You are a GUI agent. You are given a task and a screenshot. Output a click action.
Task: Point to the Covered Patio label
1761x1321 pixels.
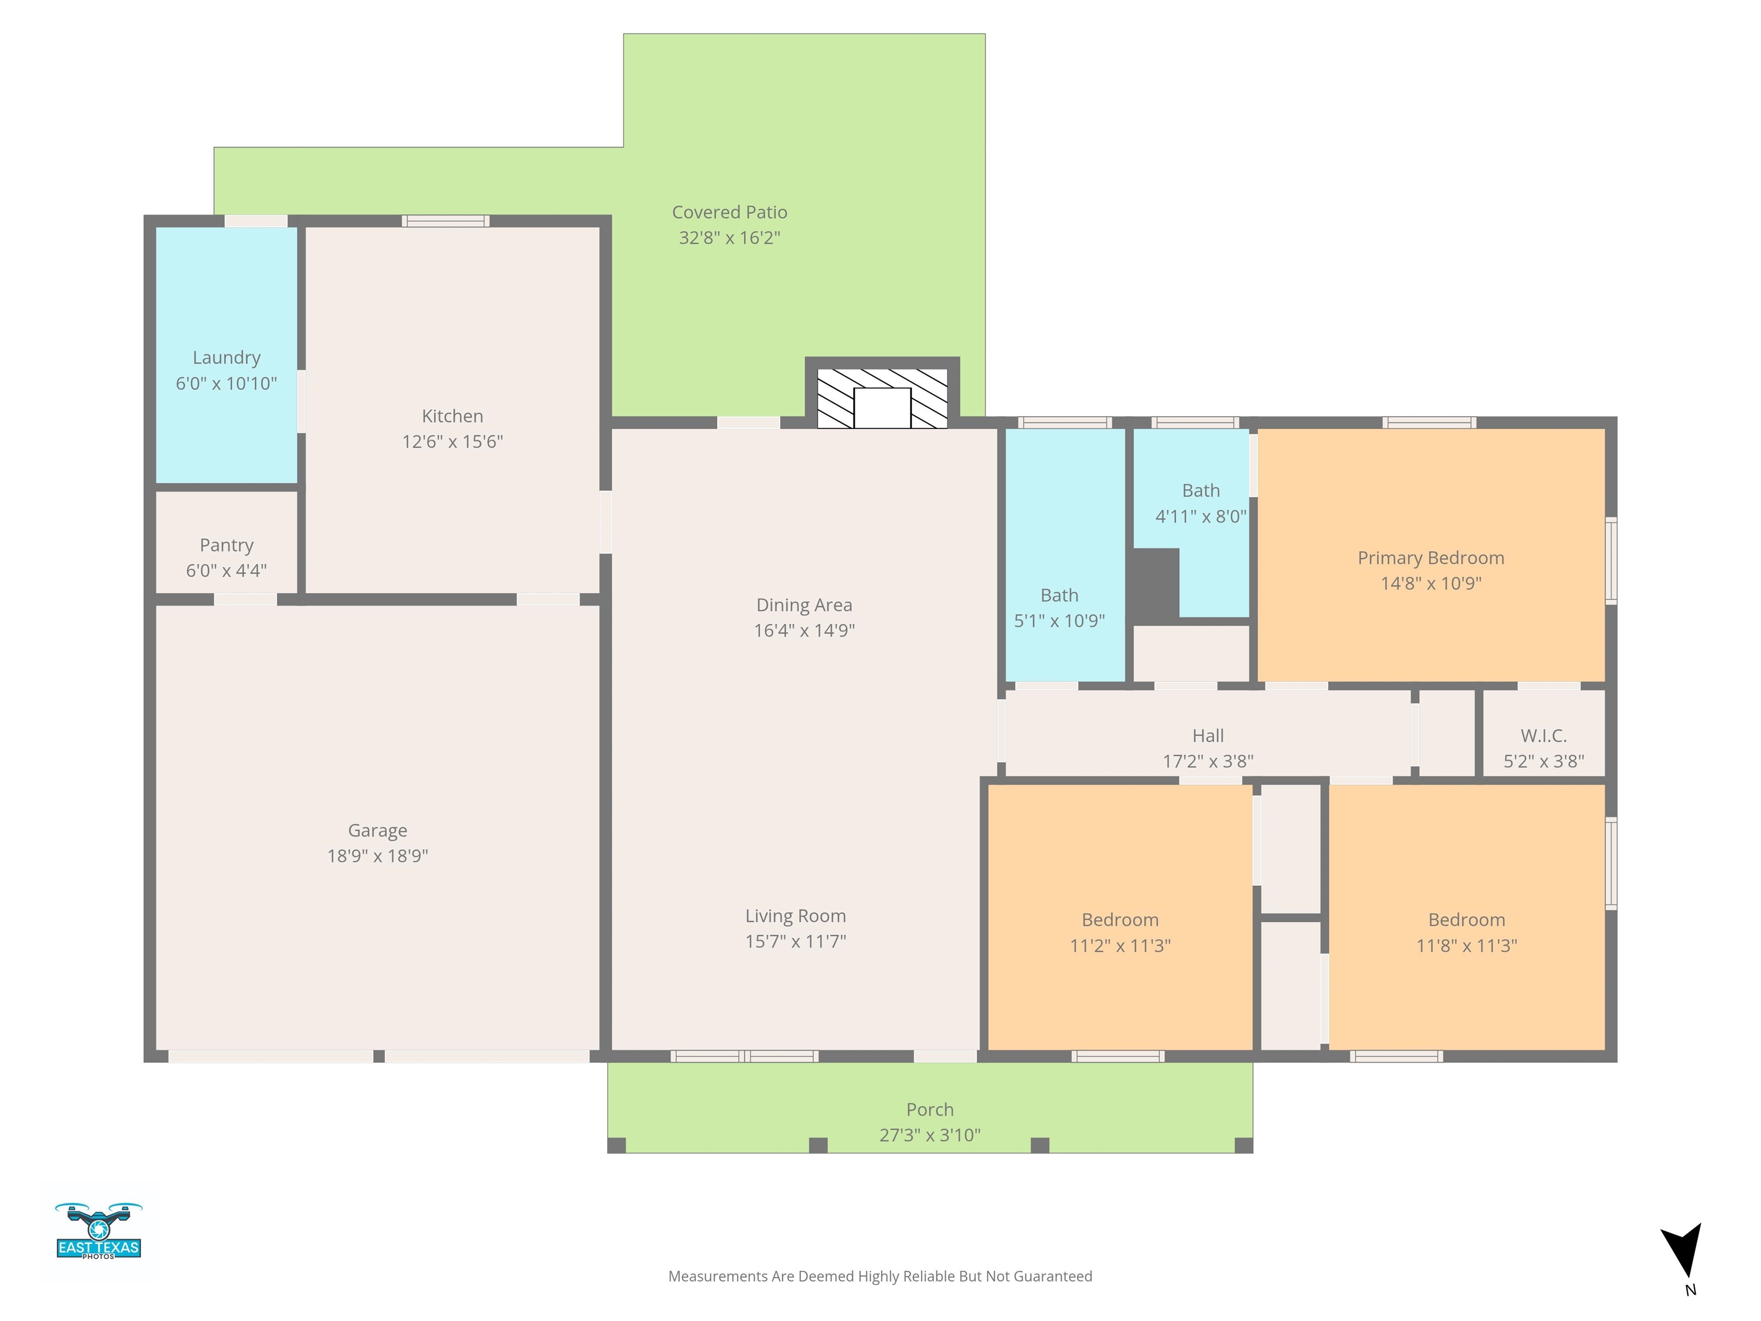coord(729,213)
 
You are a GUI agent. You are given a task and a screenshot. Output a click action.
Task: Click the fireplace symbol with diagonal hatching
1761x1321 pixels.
coord(882,398)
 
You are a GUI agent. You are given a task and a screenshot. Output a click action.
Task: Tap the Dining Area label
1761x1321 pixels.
coord(804,605)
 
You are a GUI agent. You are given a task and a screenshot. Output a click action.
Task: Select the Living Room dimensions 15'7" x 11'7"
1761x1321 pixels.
coord(795,941)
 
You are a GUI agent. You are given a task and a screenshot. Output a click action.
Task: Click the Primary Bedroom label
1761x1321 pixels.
coord(1431,558)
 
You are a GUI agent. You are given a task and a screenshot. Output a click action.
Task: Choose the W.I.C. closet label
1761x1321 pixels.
coord(1544,736)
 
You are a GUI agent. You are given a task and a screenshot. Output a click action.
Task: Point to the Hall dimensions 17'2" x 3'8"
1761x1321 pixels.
coord(1208,761)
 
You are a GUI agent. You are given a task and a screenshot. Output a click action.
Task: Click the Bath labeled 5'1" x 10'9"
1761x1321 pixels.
coord(1059,596)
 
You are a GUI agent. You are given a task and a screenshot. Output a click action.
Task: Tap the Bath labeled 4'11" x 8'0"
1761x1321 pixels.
coord(1200,490)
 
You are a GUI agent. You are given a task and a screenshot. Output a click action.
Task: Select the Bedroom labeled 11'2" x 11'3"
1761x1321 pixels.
coord(1120,920)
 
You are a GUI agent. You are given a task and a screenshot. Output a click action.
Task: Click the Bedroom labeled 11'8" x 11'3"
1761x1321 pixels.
coord(1466,920)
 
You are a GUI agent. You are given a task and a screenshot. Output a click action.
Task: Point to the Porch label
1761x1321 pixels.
coord(930,1110)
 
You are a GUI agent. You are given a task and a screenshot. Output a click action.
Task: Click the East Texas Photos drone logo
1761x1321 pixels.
coord(99,1231)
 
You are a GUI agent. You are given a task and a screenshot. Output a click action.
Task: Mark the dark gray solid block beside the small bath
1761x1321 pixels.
coord(1155,586)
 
